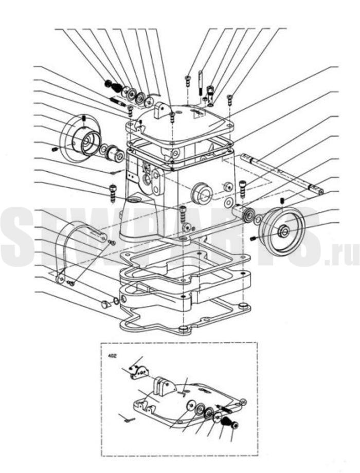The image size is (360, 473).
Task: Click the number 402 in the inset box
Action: pos(112,355)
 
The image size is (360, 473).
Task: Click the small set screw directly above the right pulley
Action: pos(282,201)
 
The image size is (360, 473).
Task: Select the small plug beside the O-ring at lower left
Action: pos(106,304)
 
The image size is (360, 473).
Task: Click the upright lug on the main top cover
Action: pos(160,110)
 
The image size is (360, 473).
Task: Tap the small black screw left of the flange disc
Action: pos(55,149)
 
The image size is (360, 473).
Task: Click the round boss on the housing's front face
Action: pos(202,192)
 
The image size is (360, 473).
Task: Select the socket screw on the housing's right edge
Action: pos(242,188)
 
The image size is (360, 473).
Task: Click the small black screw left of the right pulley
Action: pos(253,239)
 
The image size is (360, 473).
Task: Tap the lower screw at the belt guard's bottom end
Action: pos(71,283)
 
